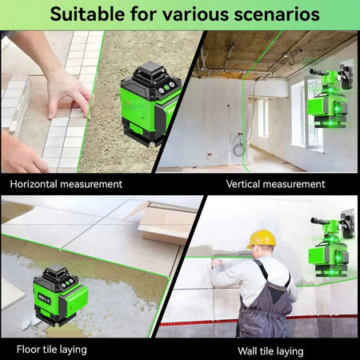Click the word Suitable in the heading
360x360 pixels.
pos(84,14)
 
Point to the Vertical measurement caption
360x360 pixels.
pos(275,184)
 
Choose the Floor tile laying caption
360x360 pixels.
pos(52,350)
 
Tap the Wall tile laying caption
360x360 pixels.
pos(270,350)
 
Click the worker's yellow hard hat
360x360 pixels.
pos(262,238)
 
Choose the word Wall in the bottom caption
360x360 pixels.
pos(248,350)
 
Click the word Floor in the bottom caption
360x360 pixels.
pos(29,350)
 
